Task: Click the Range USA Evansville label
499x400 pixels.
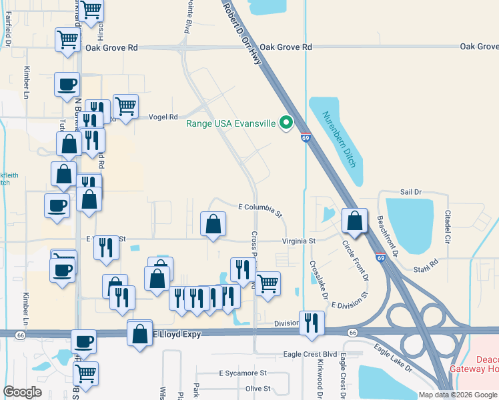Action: click(230, 122)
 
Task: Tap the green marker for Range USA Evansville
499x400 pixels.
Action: click(287, 122)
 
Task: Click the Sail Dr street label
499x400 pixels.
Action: click(411, 191)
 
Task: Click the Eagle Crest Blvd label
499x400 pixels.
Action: click(310, 354)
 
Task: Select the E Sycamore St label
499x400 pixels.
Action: click(243, 373)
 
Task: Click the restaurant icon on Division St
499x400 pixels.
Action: click(312, 323)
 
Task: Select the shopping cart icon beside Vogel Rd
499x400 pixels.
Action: click(125, 105)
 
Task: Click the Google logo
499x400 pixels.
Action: click(22, 392)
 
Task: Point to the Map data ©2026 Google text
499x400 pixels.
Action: click(457, 395)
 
